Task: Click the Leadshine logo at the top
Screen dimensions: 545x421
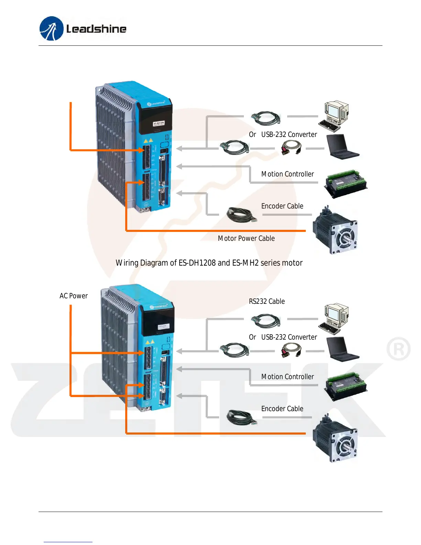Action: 83,29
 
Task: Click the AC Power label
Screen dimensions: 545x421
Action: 74,296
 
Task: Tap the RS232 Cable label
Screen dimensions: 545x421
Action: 267,301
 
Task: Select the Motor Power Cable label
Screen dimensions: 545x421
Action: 246,238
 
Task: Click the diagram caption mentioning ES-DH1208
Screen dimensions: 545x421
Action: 209,263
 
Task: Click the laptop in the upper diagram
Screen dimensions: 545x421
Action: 342,147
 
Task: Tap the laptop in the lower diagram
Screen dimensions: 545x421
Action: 342,350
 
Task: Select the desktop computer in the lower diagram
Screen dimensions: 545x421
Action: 334,319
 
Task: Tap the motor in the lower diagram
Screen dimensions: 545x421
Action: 335,438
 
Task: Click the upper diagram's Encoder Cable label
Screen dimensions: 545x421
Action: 282,206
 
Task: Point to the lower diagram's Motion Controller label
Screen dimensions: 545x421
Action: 288,377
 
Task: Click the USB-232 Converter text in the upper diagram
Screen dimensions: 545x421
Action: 289,135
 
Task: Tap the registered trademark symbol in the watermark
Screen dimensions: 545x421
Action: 399,349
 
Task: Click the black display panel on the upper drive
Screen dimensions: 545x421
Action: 155,119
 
